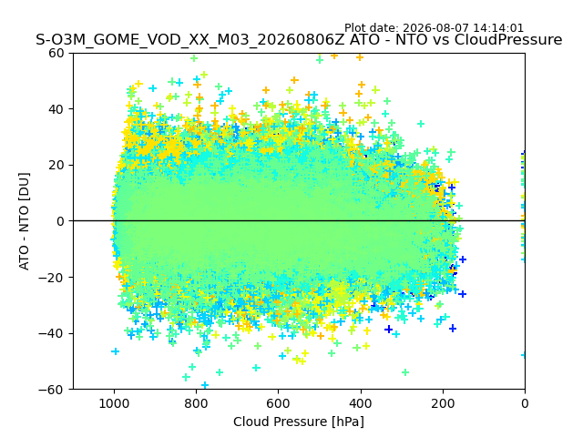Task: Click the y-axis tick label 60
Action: point(56,53)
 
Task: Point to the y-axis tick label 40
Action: point(56,109)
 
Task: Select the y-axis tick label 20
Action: point(56,166)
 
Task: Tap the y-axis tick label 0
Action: point(60,221)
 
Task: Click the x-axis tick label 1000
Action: point(114,403)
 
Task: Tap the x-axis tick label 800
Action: point(197,403)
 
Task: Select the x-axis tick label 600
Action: point(279,403)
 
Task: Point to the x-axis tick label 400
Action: point(361,403)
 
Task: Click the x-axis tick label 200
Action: point(443,403)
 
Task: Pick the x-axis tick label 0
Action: point(525,403)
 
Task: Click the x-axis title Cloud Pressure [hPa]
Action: point(299,422)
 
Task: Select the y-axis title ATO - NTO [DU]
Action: point(24,221)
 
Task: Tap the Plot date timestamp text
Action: point(434,28)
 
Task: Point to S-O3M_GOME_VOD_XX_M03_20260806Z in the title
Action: point(190,40)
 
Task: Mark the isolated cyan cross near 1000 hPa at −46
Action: point(116,351)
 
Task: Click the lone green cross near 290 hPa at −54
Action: point(405,372)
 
